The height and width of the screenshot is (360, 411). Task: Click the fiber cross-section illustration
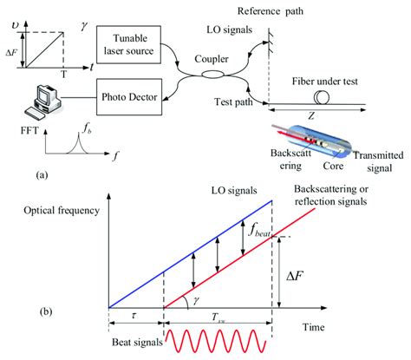[318, 144]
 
